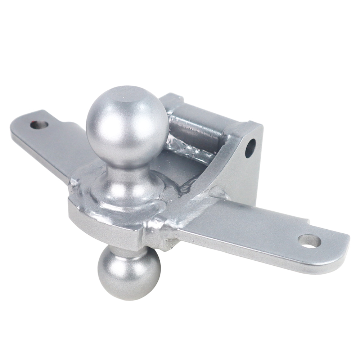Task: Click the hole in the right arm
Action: point(309,241)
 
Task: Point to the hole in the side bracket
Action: point(250,148)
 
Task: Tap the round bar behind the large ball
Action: point(194,126)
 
